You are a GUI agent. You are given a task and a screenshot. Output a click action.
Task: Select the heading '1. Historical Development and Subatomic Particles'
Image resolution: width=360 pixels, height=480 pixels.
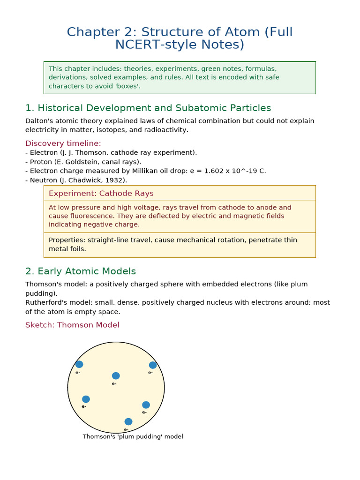(x=148, y=108)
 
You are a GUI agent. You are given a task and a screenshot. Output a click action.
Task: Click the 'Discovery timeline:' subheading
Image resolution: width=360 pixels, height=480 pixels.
(x=63, y=143)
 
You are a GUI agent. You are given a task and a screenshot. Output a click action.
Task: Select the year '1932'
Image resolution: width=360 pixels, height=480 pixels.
(x=116, y=180)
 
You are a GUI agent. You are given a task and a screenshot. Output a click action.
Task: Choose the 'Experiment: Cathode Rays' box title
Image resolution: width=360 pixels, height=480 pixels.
(x=101, y=193)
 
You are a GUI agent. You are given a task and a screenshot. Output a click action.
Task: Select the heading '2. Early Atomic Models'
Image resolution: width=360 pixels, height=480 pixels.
(x=81, y=271)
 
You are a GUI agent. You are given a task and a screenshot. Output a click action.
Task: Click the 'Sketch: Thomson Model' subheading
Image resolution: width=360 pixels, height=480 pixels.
(x=72, y=325)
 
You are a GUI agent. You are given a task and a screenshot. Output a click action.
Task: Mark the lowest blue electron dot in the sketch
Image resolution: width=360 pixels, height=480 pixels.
(x=128, y=421)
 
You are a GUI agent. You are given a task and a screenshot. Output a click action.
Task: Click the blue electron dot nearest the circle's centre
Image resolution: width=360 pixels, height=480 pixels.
(x=116, y=375)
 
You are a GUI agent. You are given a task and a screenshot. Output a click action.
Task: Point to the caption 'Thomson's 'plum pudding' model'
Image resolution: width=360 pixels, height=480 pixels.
(x=133, y=436)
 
